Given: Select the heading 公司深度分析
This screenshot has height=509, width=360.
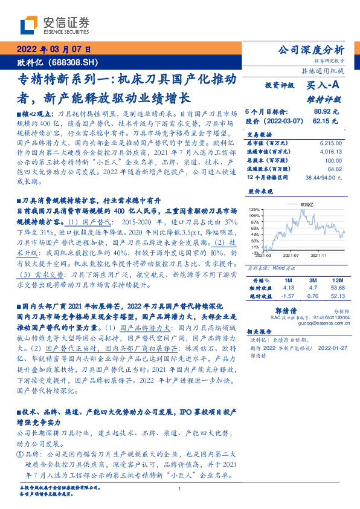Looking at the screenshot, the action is [x=317, y=50].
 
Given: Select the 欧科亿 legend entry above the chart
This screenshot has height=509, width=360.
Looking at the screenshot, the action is [x=308, y=206].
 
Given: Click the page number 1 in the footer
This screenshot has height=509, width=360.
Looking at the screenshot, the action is [x=181, y=490].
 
